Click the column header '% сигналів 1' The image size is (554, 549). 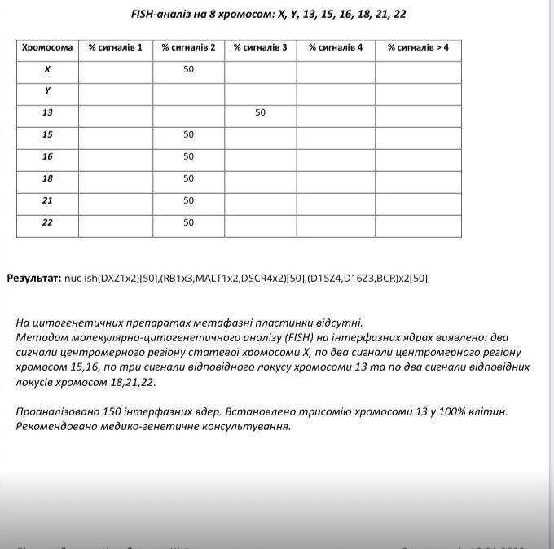pos(115,47)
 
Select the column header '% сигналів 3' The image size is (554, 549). pos(260,47)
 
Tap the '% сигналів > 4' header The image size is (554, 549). pos(418,47)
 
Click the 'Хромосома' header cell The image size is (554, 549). pos(47,47)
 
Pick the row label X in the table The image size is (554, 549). pos(47,69)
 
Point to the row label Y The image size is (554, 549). pos(47,91)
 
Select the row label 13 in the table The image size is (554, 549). pos(47,113)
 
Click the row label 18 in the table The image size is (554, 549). pos(47,178)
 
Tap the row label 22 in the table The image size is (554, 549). pos(47,222)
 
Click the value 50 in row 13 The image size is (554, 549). pos(260,113)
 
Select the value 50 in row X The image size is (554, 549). pos(188,69)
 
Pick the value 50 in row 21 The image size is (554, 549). pos(188,200)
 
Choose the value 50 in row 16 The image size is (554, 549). pos(188,156)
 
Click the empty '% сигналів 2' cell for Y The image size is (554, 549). pos(188,91)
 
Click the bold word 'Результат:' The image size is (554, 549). pos(34,278)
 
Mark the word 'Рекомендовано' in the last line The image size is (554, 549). pos(55,426)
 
